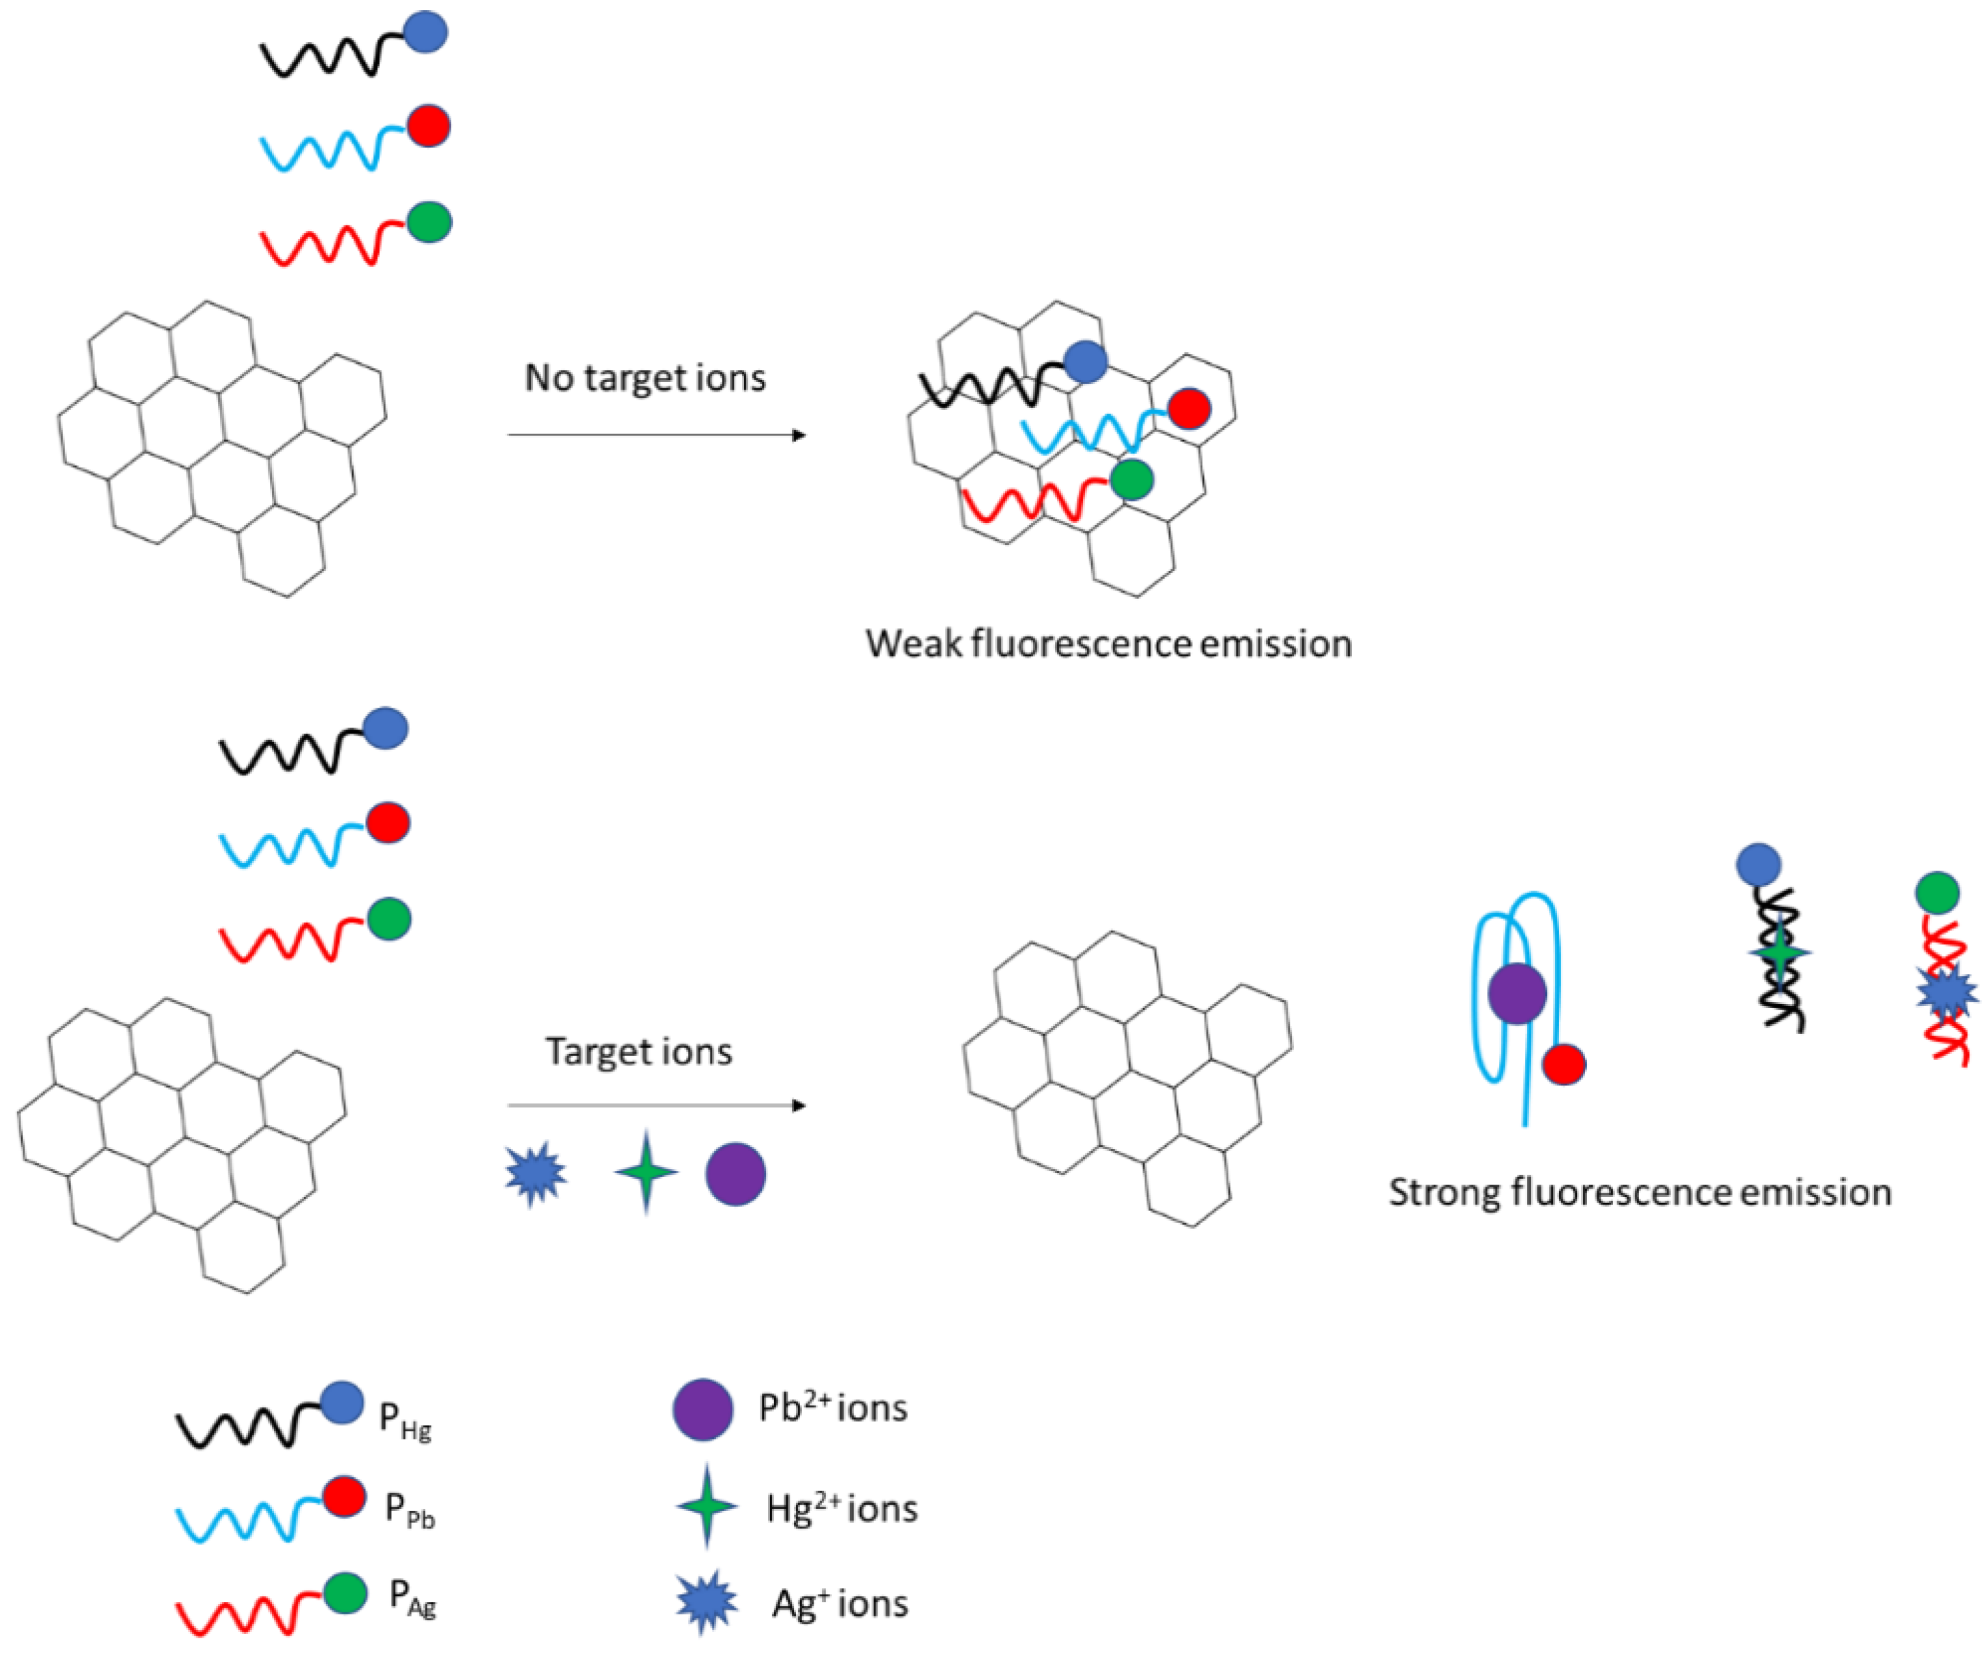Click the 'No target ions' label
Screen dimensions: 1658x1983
(645, 377)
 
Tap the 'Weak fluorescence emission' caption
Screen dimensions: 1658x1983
(1109, 644)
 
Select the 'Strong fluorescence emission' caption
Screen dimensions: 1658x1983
(1640, 1193)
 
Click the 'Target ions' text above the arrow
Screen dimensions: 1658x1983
(639, 1052)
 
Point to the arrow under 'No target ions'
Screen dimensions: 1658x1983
(656, 435)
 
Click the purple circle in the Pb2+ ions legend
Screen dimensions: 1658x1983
(703, 1409)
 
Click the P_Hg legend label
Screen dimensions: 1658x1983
(405, 1420)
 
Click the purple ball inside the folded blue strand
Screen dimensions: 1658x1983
(1516, 993)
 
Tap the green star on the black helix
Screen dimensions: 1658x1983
(1780, 954)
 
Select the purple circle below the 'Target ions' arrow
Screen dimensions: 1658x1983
(735, 1174)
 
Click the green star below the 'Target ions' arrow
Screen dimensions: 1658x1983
(646, 1172)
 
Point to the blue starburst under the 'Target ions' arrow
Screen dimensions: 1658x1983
(536, 1174)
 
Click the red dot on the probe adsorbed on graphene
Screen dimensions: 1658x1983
(1189, 409)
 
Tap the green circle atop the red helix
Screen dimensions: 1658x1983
(1937, 892)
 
